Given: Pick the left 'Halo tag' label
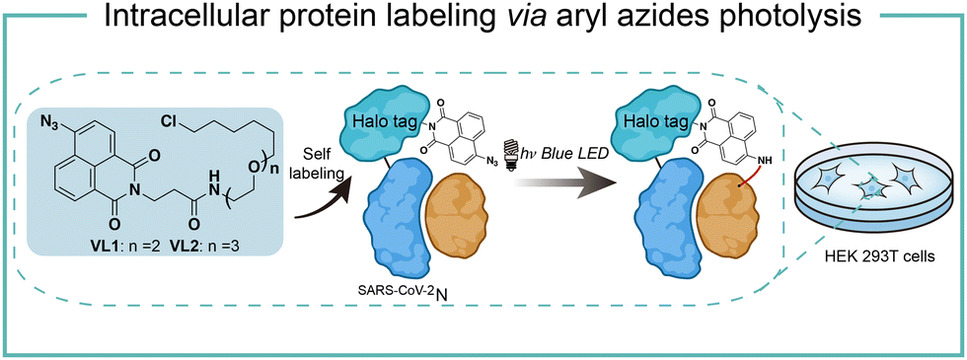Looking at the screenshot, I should [379, 121].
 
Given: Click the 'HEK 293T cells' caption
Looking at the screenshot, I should [863, 257].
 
